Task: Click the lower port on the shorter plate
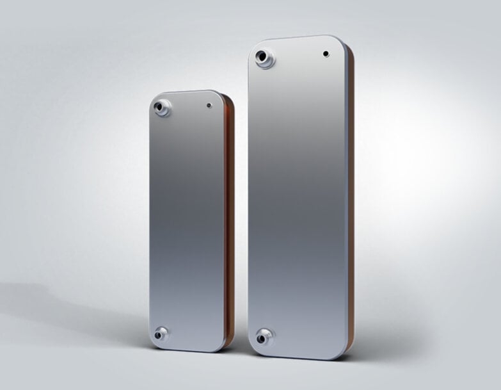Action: pyautogui.click(x=161, y=334)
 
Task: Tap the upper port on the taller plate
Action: pyautogui.click(x=264, y=60)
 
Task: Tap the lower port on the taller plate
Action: pyautogui.click(x=264, y=336)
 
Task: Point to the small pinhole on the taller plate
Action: pyautogui.click(x=326, y=54)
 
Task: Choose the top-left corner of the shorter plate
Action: pyautogui.click(x=155, y=99)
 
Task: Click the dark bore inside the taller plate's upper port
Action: pyautogui.click(x=262, y=59)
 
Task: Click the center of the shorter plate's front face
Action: pyautogui.click(x=187, y=221)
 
